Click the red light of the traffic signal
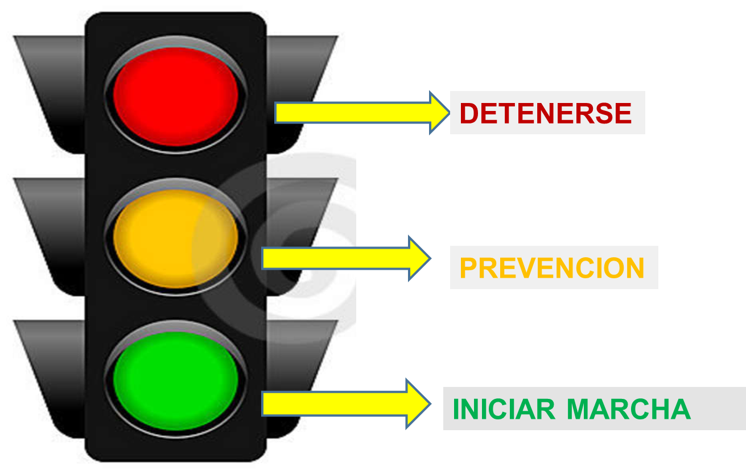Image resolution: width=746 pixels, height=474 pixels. click(175, 97)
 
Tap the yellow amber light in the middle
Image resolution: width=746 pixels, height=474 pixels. click(175, 238)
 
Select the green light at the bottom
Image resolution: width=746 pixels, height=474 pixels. click(175, 381)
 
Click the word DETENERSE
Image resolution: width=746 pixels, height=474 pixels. click(546, 113)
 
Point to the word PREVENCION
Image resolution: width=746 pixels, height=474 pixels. click(552, 268)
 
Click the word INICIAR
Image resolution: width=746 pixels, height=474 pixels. click(504, 409)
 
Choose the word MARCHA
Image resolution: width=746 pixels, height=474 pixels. click(628, 409)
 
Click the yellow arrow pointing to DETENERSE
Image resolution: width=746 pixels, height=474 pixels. click(362, 113)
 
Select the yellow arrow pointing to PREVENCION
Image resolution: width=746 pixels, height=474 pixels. click(347, 258)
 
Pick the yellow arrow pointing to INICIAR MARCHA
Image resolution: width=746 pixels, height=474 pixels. click(347, 404)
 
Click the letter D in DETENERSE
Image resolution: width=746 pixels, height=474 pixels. click(469, 113)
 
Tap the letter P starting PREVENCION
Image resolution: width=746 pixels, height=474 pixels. click(468, 268)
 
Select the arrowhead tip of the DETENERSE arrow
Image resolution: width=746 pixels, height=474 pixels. click(450, 113)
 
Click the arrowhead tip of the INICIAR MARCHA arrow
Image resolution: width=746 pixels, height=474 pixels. click(431, 404)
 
